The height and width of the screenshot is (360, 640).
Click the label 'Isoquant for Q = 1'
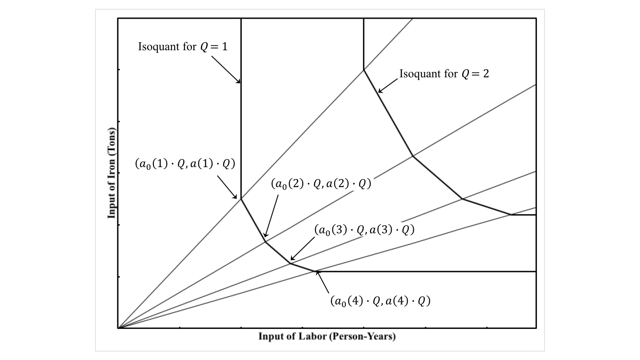click(x=183, y=46)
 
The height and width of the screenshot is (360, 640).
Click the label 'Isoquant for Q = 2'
click(x=444, y=74)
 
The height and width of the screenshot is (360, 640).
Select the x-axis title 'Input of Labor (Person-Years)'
click(x=327, y=336)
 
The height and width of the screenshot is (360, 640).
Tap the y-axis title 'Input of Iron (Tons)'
click(x=112, y=173)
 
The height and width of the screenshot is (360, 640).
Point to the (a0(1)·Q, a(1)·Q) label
click(x=184, y=164)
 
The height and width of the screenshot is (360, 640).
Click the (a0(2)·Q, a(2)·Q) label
click(x=320, y=184)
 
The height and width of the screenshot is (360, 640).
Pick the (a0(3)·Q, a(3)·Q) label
click(x=364, y=230)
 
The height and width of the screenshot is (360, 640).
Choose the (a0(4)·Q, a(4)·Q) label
click(x=380, y=301)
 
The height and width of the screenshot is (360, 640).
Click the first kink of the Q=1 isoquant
click(x=241, y=199)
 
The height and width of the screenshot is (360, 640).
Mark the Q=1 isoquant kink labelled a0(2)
click(x=265, y=241)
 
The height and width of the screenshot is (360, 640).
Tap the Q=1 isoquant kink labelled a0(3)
click(x=290, y=264)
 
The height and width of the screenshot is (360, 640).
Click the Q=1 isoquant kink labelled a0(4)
click(x=315, y=271)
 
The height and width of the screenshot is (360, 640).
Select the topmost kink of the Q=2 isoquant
click(x=364, y=69)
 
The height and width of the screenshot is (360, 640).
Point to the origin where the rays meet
click(x=118, y=328)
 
